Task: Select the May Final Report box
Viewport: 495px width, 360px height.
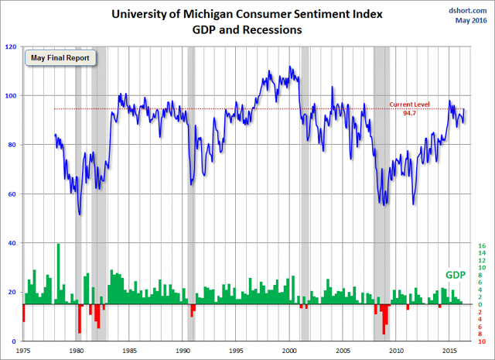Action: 59,58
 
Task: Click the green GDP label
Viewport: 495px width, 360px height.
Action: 456,275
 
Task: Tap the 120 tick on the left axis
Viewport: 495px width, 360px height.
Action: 12,46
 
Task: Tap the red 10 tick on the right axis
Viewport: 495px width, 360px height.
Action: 481,341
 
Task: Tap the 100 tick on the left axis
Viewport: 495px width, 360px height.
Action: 12,96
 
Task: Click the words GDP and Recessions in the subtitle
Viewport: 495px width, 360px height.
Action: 248,30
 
